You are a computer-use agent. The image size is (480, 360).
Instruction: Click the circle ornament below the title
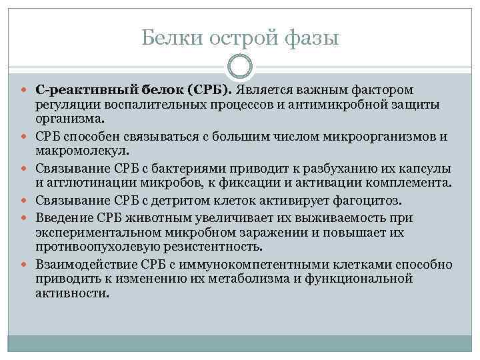240,67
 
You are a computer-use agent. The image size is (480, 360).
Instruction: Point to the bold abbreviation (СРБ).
209,89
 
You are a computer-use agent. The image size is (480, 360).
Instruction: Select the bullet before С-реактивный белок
25,90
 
